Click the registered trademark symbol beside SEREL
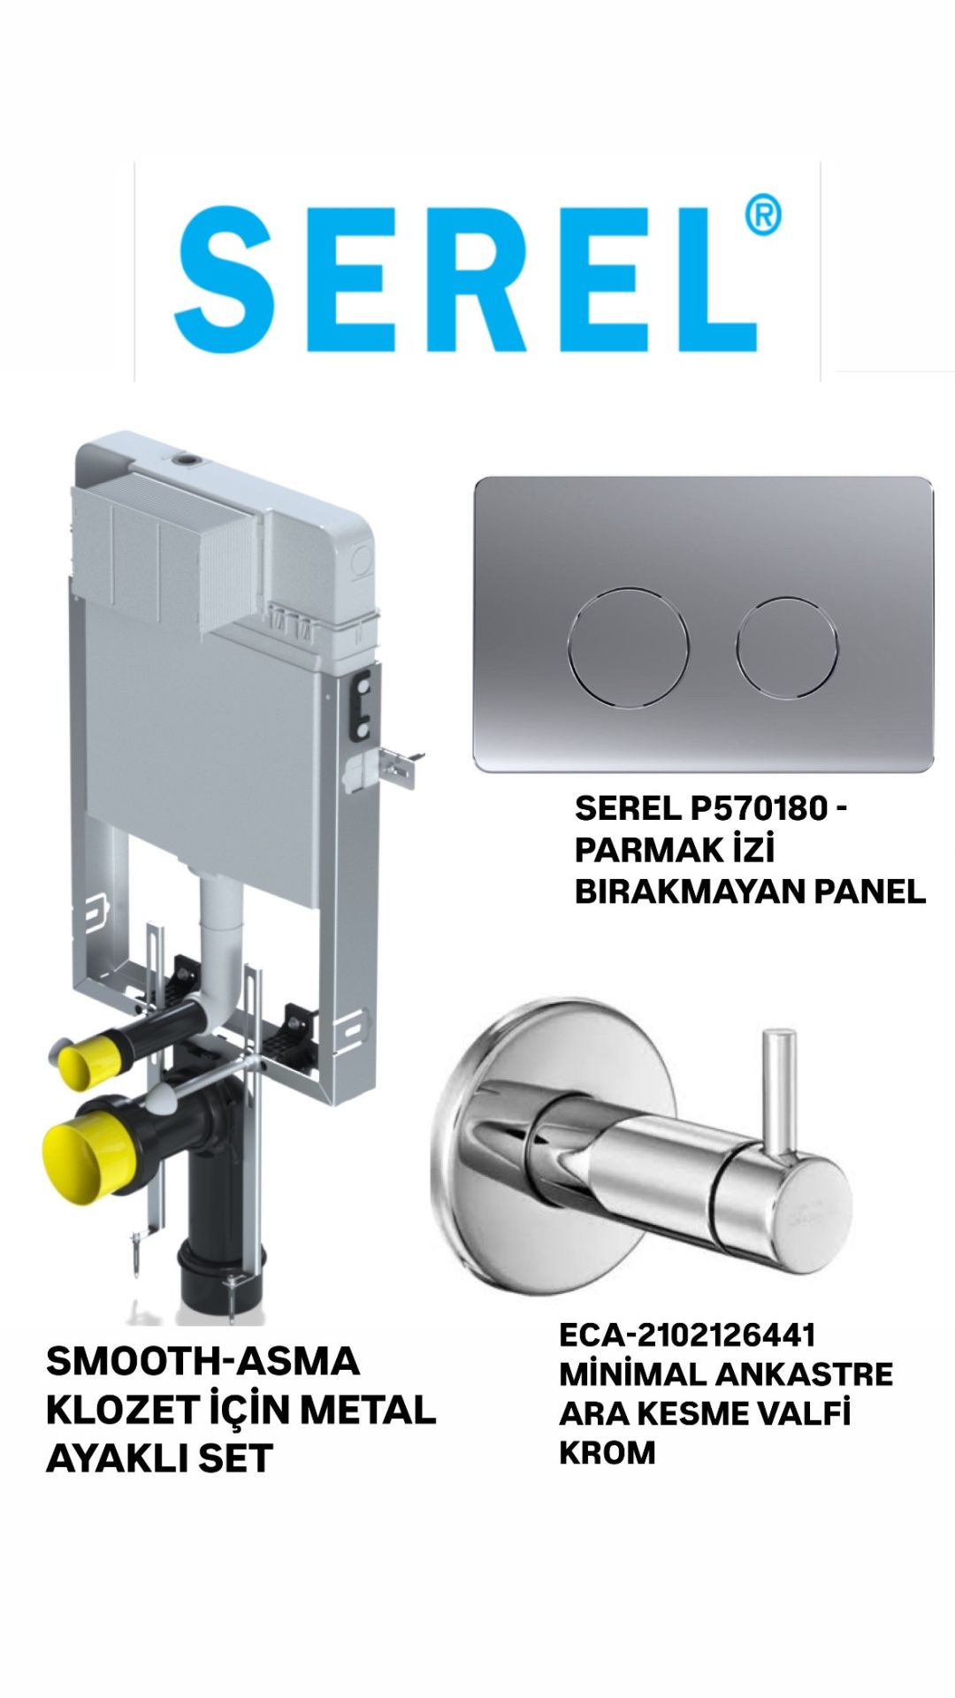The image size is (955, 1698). [762, 216]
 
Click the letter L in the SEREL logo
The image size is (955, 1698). [714, 281]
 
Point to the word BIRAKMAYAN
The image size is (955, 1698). [690, 891]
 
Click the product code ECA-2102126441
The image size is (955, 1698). [687, 1335]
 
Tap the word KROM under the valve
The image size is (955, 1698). [607, 1452]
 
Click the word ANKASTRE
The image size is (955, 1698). [804, 1374]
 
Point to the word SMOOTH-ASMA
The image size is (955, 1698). [202, 1361]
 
